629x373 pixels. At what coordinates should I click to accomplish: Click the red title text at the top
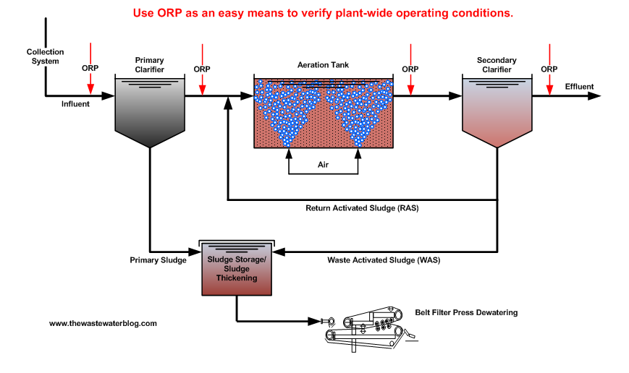click(323, 12)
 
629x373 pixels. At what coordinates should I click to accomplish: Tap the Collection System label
click(45, 56)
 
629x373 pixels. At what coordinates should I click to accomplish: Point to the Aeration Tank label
click(323, 65)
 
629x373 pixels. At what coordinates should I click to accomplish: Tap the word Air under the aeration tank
click(323, 165)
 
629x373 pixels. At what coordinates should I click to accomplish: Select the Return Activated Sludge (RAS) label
click(363, 208)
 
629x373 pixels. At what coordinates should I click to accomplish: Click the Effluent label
click(579, 87)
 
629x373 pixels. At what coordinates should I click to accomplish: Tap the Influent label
click(75, 104)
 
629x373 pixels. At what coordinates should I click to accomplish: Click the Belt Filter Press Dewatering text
click(466, 312)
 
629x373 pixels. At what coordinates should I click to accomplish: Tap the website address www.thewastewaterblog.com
click(103, 323)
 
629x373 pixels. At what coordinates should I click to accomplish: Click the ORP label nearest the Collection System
click(90, 69)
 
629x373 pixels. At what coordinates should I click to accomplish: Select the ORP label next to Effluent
click(549, 69)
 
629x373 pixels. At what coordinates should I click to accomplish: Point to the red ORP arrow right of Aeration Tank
click(410, 85)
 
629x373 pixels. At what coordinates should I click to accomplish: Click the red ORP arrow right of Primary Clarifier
click(203, 85)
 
